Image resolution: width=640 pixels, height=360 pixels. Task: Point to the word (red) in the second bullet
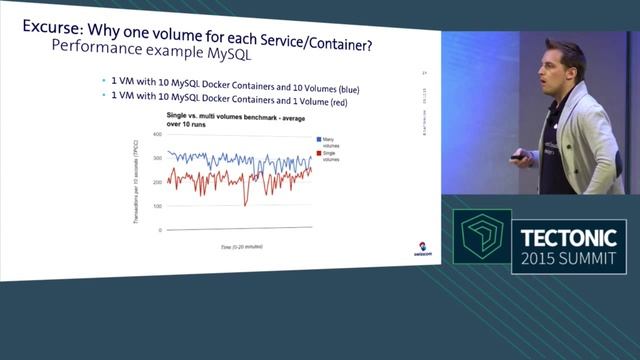336,105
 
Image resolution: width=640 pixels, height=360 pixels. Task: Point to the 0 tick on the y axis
159,230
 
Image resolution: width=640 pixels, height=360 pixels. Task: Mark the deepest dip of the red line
245,204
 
